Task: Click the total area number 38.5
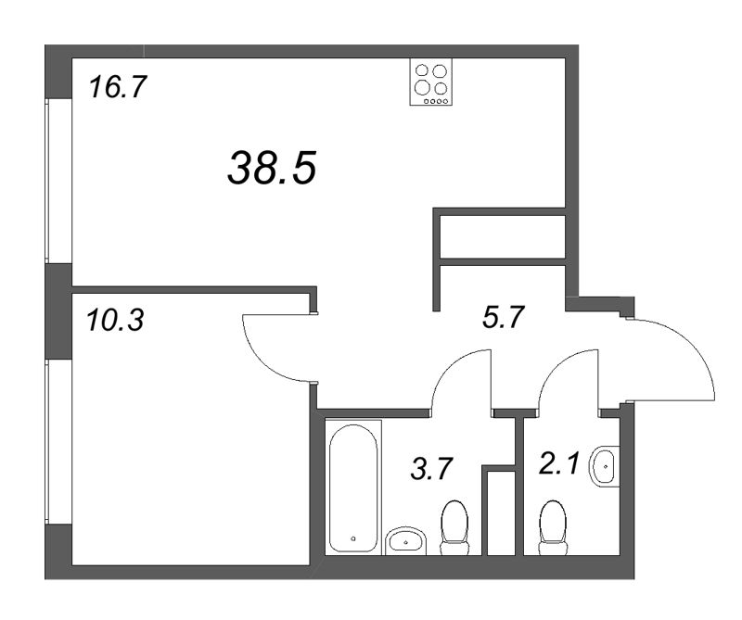tap(272, 168)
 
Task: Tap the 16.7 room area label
tap(119, 87)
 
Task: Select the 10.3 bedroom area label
tap(115, 320)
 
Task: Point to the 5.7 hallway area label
tap(503, 317)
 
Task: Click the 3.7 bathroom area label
tap(432, 469)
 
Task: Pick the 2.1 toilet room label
tap(559, 462)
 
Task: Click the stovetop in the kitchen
tap(430, 82)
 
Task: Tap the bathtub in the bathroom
tap(353, 487)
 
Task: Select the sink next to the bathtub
tap(406, 540)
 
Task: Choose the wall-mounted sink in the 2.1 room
tap(605, 466)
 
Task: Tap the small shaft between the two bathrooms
tap(501, 513)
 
